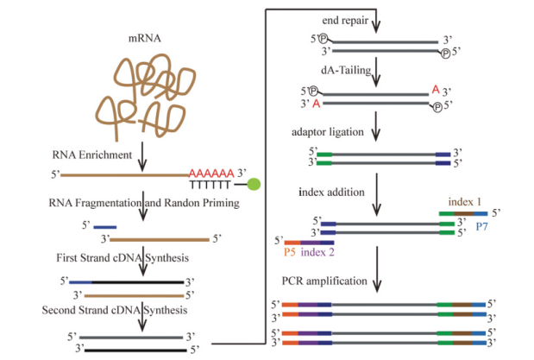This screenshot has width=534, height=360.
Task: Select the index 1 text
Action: pos(461,199)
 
